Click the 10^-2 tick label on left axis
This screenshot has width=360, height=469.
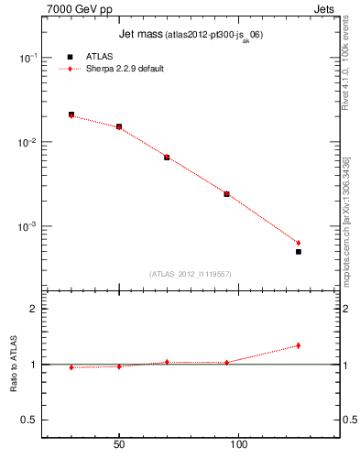click(x=29, y=142)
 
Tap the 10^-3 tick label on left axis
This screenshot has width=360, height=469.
click(x=29, y=226)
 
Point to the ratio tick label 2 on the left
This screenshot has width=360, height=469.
click(x=34, y=309)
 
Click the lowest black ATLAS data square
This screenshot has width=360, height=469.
click(x=299, y=251)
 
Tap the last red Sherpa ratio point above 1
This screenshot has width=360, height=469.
click(x=299, y=345)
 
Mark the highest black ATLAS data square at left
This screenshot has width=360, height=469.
click(x=71, y=115)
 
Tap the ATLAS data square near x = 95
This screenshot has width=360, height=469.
click(x=226, y=194)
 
